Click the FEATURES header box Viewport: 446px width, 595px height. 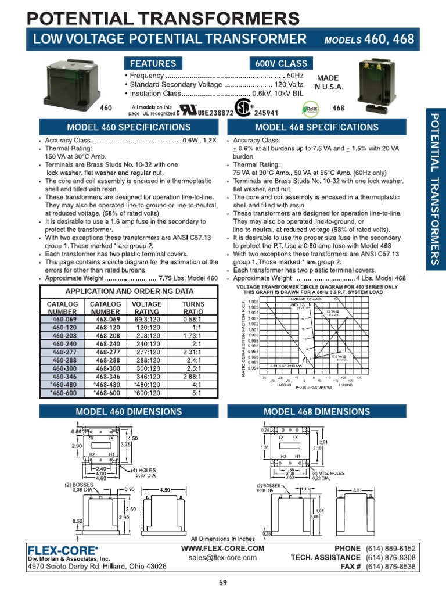(x=153, y=63)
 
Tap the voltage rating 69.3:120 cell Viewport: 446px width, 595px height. (x=146, y=320)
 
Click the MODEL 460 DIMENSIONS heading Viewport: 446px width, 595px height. (x=128, y=411)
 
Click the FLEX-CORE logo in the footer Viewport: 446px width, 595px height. (x=64, y=549)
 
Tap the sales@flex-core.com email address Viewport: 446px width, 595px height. (x=222, y=557)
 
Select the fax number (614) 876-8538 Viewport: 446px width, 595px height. (x=391, y=567)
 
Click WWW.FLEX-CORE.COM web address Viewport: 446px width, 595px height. (x=222, y=549)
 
